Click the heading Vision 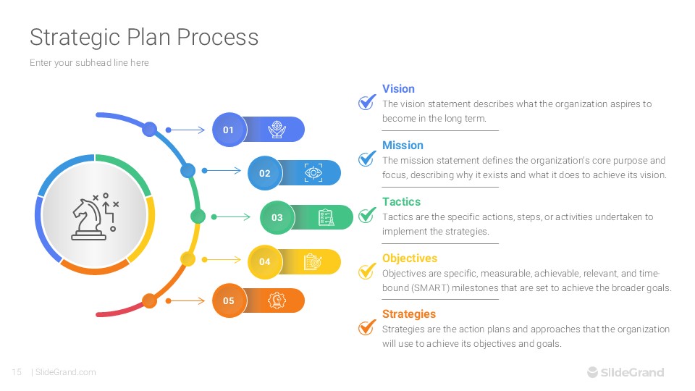coord(398,89)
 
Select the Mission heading coord(403,146)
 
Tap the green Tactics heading coord(401,202)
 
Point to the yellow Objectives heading coord(410,258)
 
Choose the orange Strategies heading coord(409,314)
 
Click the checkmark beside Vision coord(367,102)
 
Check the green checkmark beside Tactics coord(367,215)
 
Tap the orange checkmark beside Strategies coord(367,327)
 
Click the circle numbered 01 coord(229,130)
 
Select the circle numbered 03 coord(277,217)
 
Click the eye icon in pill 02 coord(313,172)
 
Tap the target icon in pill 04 coord(312,261)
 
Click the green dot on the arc coord(197,216)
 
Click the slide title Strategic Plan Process coord(143,37)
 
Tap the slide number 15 coord(17,372)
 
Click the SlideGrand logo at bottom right coord(625,372)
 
